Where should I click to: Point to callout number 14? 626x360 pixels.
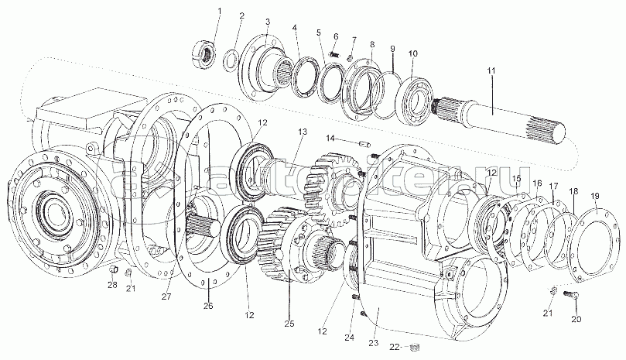tap(329, 139)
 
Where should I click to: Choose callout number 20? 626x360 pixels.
tap(575, 320)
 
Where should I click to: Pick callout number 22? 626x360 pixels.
tap(394, 346)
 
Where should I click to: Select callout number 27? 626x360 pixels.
tap(165, 295)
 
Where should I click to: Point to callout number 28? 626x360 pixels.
tap(112, 286)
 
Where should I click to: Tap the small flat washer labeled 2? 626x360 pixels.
tap(231, 60)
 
